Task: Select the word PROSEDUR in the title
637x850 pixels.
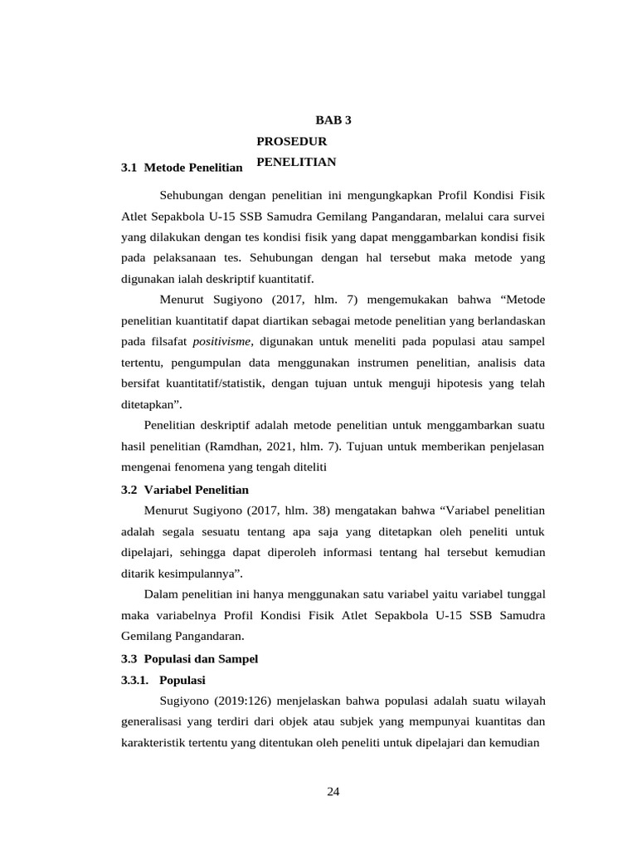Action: (286, 142)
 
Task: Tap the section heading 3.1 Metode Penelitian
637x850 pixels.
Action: (182, 168)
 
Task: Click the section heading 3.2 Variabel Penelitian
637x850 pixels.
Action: (184, 490)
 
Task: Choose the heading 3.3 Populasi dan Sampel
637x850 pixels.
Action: (189, 659)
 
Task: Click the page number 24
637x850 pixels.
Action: (333, 791)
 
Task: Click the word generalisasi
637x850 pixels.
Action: (153, 722)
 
